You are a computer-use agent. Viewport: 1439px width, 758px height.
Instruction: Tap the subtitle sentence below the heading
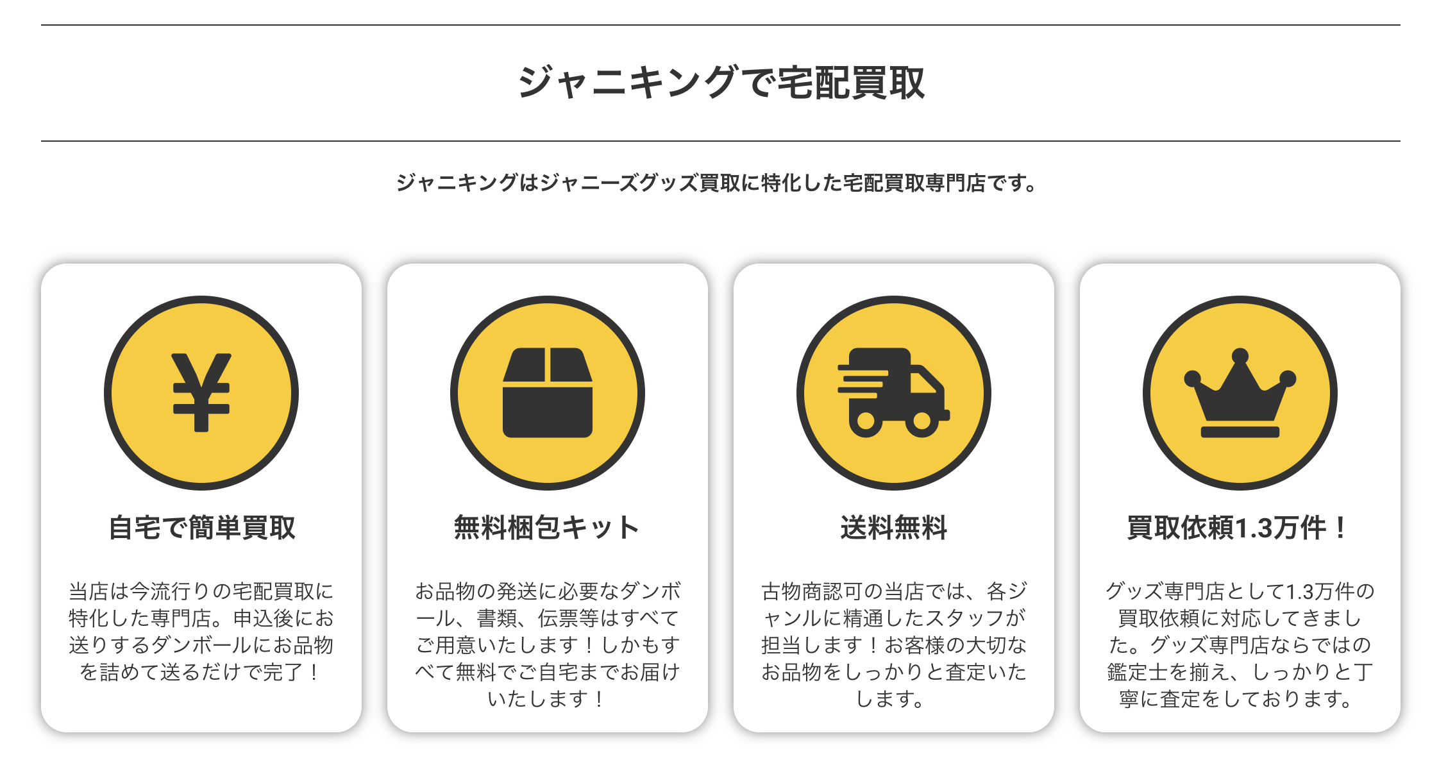(717, 183)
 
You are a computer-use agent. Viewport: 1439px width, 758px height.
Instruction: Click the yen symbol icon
(201, 392)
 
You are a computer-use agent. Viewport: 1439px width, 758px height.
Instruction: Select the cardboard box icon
(548, 392)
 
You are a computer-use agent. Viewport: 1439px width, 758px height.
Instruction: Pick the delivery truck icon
(893, 392)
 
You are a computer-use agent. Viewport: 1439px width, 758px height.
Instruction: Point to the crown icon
(1240, 392)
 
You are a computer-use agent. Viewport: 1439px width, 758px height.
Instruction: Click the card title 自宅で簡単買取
(201, 528)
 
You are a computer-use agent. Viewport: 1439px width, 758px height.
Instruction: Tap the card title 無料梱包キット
(547, 528)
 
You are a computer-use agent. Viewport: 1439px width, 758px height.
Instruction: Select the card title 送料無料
(893, 528)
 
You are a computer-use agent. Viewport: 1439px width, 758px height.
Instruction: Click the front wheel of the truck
(921, 421)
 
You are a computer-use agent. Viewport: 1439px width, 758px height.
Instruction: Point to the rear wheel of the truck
(866, 421)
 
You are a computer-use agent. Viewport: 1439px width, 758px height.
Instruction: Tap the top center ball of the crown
(1240, 356)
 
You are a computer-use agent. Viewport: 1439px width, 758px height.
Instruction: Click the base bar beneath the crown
(1240, 432)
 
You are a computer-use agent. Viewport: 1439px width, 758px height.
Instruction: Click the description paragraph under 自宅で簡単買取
(201, 632)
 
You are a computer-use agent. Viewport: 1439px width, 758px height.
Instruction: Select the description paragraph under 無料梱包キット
(547, 644)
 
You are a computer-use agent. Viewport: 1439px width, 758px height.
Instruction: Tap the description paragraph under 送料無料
(893, 644)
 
